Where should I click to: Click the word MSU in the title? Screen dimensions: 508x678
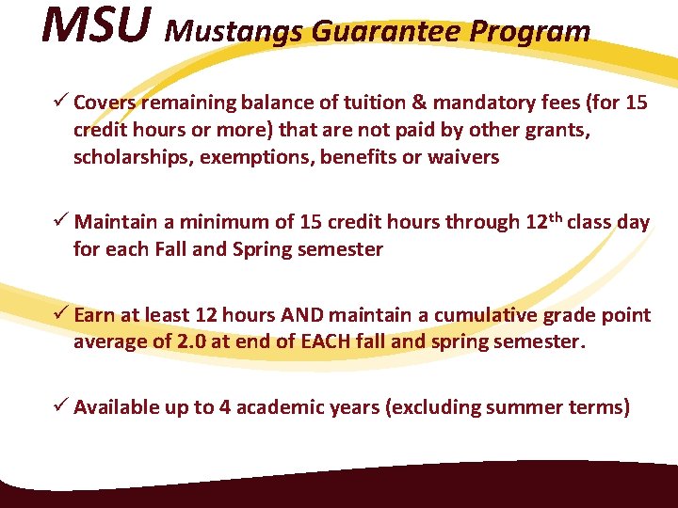pos(95,26)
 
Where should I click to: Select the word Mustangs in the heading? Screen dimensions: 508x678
pos(234,32)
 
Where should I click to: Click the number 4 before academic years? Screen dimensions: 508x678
pos(225,407)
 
